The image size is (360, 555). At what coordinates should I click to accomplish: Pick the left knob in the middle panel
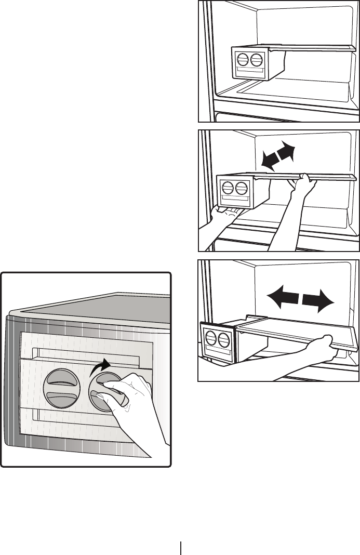pyautogui.click(x=228, y=188)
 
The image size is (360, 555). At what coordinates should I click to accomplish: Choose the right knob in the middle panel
pyautogui.click(x=241, y=188)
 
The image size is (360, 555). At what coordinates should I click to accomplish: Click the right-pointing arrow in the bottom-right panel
pyautogui.click(x=317, y=300)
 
